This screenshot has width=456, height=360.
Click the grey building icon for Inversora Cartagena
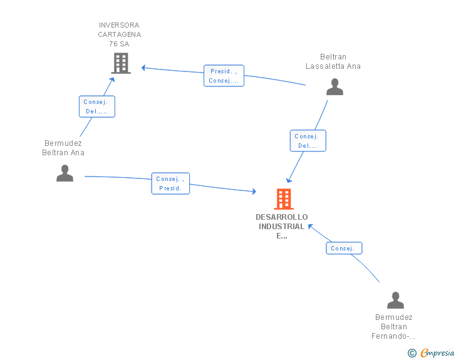[121, 63]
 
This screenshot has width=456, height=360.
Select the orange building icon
[284, 199]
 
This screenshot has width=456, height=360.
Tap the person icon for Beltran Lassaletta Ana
[334, 86]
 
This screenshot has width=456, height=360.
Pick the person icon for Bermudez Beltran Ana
[65, 173]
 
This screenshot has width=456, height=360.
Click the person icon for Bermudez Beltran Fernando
[395, 300]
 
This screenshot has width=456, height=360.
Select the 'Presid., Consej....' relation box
[224, 76]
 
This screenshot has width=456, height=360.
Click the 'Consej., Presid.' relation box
[170, 183]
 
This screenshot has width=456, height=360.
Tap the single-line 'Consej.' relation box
[344, 248]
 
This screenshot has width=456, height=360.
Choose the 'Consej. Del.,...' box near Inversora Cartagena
[97, 106]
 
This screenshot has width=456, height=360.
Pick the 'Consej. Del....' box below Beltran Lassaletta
[308, 141]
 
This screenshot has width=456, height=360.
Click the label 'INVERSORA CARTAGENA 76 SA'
[119, 34]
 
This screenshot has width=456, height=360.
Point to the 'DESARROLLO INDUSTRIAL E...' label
[281, 226]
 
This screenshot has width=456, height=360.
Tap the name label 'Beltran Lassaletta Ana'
[333, 61]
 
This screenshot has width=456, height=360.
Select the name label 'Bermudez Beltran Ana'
[63, 148]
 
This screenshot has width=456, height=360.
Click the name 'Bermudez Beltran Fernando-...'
[394, 327]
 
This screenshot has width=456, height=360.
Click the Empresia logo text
[437, 352]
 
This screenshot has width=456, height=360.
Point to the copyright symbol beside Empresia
[412, 353]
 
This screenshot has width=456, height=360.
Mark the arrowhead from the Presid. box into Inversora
[143, 68]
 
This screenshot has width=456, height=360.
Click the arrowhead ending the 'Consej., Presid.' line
[254, 192]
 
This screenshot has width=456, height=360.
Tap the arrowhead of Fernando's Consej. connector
[310, 226]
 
